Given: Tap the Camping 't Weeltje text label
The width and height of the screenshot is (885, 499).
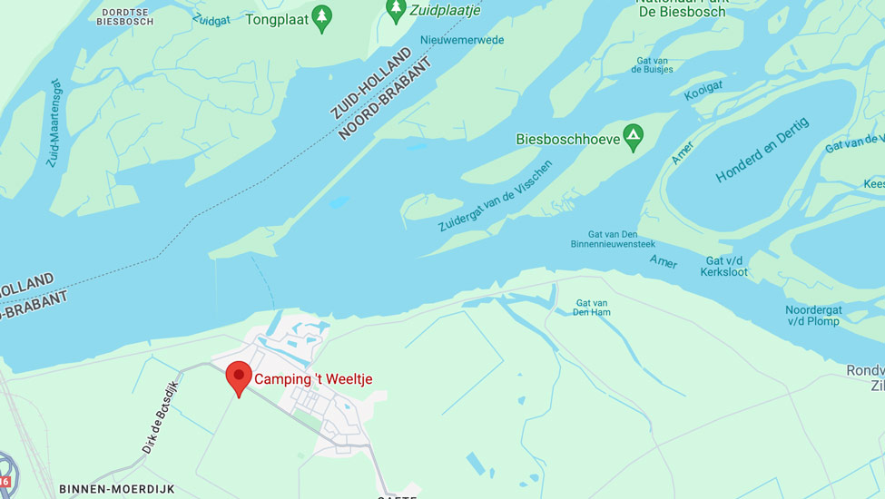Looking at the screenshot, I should (x=313, y=379).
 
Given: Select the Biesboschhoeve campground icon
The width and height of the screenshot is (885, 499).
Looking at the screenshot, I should (x=633, y=138).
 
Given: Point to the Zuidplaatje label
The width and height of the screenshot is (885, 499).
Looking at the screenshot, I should (x=445, y=10).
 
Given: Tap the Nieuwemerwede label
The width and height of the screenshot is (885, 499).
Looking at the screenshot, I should (x=462, y=40).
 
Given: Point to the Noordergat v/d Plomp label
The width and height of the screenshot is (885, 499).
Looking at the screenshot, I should (x=813, y=316).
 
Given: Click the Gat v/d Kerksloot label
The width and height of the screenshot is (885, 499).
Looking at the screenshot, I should (x=726, y=266).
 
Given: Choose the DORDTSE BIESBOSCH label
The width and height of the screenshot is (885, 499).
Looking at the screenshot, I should (x=125, y=17).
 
